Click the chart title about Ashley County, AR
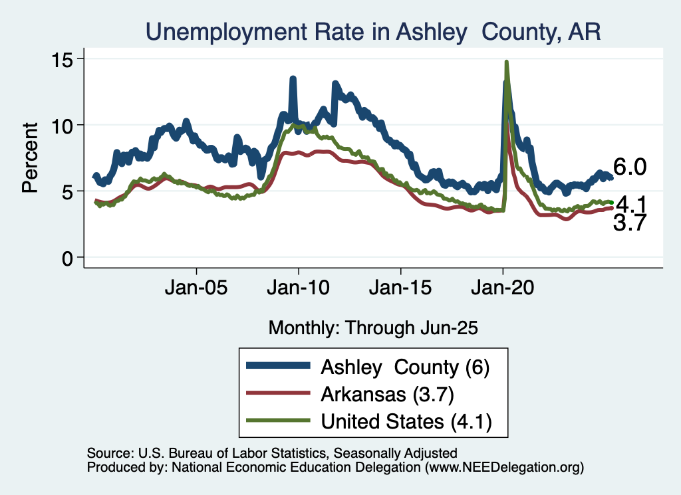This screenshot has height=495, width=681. pyautogui.click(x=373, y=31)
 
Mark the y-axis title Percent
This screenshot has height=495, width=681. pyautogui.click(x=30, y=157)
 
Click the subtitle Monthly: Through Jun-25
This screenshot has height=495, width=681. pyautogui.click(x=373, y=328)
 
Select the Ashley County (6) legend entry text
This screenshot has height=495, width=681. pyautogui.click(x=405, y=367)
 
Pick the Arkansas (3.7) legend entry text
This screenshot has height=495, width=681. pyautogui.click(x=387, y=394)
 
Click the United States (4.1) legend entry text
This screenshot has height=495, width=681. pyautogui.click(x=406, y=421)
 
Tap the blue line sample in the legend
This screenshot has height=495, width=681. pyautogui.click(x=277, y=366)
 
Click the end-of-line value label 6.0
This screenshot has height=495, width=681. pyautogui.click(x=629, y=168)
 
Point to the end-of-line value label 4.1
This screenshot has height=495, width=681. pyautogui.click(x=631, y=204)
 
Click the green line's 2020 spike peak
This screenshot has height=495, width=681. pyautogui.click(x=507, y=62)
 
